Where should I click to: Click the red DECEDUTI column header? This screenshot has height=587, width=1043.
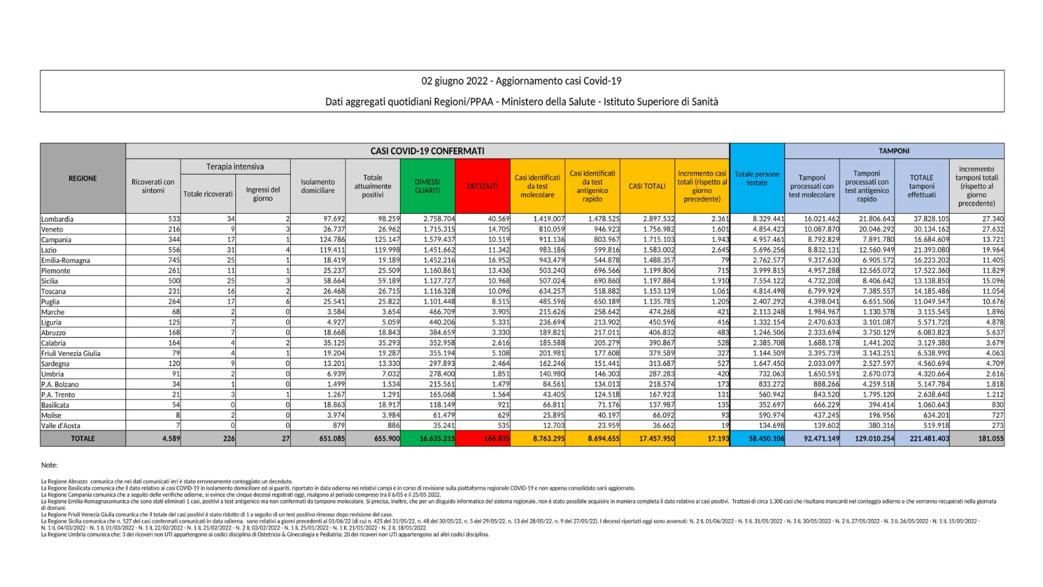(482, 187)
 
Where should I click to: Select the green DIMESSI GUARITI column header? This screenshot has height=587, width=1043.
(428, 187)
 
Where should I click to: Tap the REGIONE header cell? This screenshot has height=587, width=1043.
(83, 178)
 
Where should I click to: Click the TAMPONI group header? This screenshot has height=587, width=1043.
(894, 151)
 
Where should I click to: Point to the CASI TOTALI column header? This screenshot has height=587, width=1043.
(647, 187)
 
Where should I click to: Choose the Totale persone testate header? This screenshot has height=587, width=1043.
(757, 179)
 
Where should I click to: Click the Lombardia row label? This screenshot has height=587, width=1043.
(57, 219)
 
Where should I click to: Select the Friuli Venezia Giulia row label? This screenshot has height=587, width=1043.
(70, 354)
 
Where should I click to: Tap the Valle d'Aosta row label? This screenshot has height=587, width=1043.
(61, 426)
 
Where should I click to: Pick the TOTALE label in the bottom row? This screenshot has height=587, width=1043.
(83, 439)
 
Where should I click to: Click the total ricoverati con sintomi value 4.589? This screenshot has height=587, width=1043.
(171, 439)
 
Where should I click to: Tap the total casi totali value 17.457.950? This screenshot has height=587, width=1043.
(656, 439)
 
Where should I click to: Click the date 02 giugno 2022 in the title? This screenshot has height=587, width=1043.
(454, 81)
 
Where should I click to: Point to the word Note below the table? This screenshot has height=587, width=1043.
(49, 465)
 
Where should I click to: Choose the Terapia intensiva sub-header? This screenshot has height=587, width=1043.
(235, 167)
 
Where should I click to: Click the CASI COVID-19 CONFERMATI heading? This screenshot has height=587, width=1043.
(427, 151)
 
